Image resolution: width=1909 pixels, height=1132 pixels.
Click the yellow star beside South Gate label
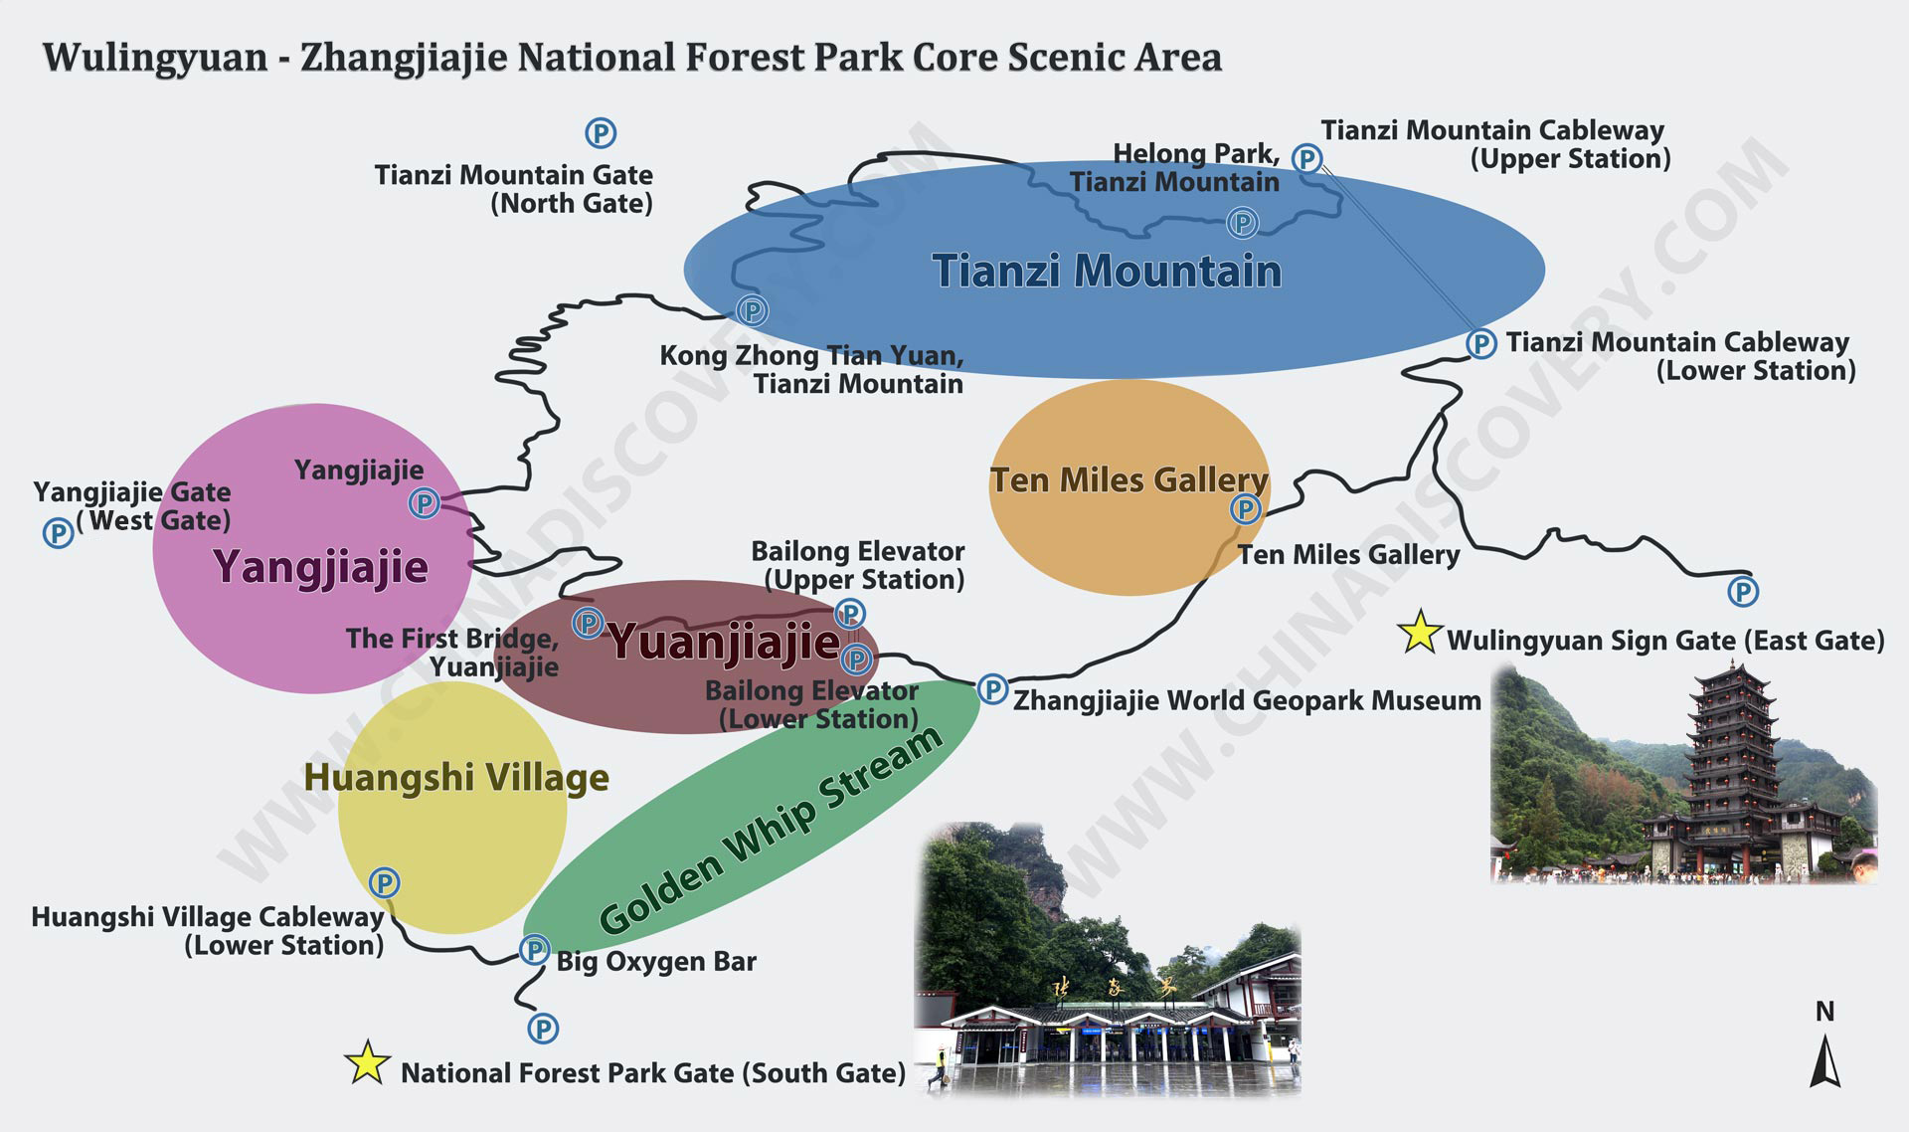pos(367,1062)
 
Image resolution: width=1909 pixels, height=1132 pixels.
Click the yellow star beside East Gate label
pos(1420,632)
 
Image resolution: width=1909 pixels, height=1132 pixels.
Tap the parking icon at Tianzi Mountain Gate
pos(600,132)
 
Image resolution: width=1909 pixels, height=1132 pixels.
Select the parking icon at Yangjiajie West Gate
pos(59,532)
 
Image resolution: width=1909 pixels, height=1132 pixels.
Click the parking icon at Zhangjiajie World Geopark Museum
pos(992,688)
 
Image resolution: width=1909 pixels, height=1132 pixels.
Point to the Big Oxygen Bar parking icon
pos(535,950)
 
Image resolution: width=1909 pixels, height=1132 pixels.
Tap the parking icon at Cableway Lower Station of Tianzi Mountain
pos(1480,343)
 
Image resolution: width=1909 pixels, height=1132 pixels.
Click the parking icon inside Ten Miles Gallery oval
pos(1245,509)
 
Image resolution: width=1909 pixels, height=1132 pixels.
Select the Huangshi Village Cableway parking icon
pos(384,882)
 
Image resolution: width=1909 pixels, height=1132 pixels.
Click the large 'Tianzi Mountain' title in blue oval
pos(1107,271)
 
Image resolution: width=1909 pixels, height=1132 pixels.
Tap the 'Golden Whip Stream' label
pos(771,832)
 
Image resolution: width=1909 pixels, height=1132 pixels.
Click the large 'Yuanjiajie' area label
pos(724,642)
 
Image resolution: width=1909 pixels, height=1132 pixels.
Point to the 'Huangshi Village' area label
pos(456,777)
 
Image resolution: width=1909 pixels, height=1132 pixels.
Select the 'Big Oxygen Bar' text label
pos(656,962)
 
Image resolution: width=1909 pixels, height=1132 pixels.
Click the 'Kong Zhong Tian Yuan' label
pos(811,356)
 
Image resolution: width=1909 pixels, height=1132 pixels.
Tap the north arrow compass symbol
pos(1824,1060)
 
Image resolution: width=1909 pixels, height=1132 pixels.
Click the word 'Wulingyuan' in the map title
pos(155,58)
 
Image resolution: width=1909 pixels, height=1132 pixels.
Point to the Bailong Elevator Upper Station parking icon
pos(849,612)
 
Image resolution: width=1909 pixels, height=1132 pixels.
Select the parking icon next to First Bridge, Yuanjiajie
pos(588,624)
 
